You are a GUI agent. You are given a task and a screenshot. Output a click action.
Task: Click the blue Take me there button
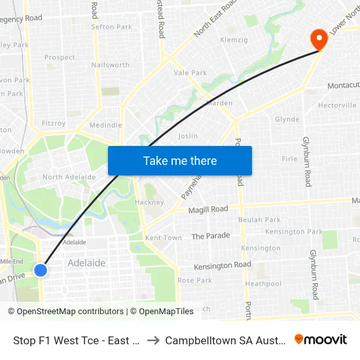[x=180, y=160]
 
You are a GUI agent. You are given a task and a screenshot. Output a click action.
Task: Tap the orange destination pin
[x=320, y=39]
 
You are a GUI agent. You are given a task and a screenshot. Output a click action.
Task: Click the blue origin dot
[x=41, y=270]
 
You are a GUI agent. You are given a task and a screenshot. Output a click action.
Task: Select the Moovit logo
[x=321, y=340]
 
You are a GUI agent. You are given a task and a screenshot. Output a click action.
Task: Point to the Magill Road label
[x=209, y=209]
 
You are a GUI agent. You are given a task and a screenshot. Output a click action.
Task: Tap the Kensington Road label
[x=223, y=265]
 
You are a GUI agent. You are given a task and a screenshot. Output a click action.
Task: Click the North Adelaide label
[x=69, y=177]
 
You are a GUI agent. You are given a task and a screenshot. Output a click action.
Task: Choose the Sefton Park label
[x=111, y=27]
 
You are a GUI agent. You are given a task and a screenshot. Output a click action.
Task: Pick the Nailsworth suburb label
[x=111, y=65]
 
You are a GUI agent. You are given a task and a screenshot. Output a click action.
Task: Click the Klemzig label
[x=234, y=40]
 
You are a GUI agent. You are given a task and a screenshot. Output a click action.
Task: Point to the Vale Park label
[x=190, y=73]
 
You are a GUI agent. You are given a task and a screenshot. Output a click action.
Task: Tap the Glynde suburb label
[x=287, y=120]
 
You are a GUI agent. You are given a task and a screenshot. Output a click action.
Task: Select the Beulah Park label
[x=259, y=220]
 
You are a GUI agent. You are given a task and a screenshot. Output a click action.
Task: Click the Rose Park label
[x=194, y=280]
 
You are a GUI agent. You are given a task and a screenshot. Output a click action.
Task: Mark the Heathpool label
[x=263, y=284]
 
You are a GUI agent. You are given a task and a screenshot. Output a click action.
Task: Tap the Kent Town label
[x=164, y=238]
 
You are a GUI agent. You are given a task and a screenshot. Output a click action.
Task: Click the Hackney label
[x=149, y=202]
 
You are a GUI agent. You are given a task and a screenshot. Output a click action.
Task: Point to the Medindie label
[x=105, y=125]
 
